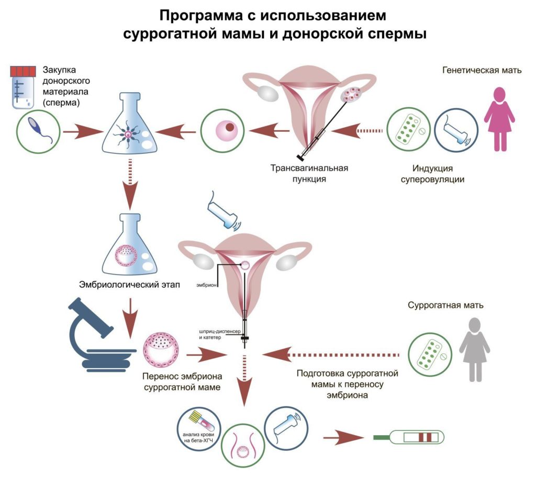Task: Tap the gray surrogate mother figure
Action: click(474, 350)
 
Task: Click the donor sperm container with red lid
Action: click(23, 87)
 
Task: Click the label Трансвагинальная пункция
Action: click(309, 174)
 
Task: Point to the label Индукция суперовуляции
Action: click(432, 174)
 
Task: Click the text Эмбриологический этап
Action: click(130, 284)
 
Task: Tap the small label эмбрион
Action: click(206, 285)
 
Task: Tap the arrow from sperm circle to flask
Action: click(83, 131)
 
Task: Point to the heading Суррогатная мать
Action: click(445, 305)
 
